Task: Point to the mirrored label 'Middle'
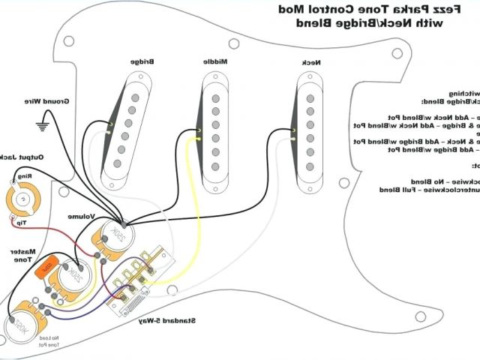(x=216, y=61)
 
